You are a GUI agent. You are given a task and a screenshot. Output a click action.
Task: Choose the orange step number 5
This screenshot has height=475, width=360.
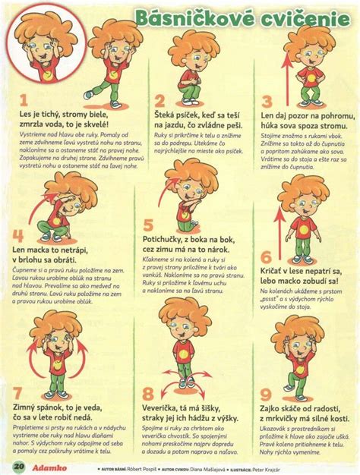[x=149, y=225]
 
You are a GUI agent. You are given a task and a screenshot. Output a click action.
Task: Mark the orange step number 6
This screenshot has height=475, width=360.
[x=267, y=258]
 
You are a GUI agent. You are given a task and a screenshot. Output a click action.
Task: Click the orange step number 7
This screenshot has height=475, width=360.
[x=18, y=394]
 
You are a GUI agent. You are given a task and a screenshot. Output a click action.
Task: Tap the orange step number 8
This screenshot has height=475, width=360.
[x=148, y=393]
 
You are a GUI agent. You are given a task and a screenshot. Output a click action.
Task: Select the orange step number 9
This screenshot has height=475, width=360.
[x=266, y=394]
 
